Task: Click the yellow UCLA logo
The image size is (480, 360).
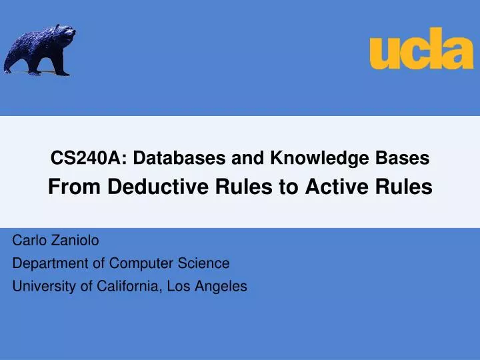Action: (421, 48)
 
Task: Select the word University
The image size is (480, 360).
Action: (41, 287)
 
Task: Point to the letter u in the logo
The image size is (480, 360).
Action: (384, 53)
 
